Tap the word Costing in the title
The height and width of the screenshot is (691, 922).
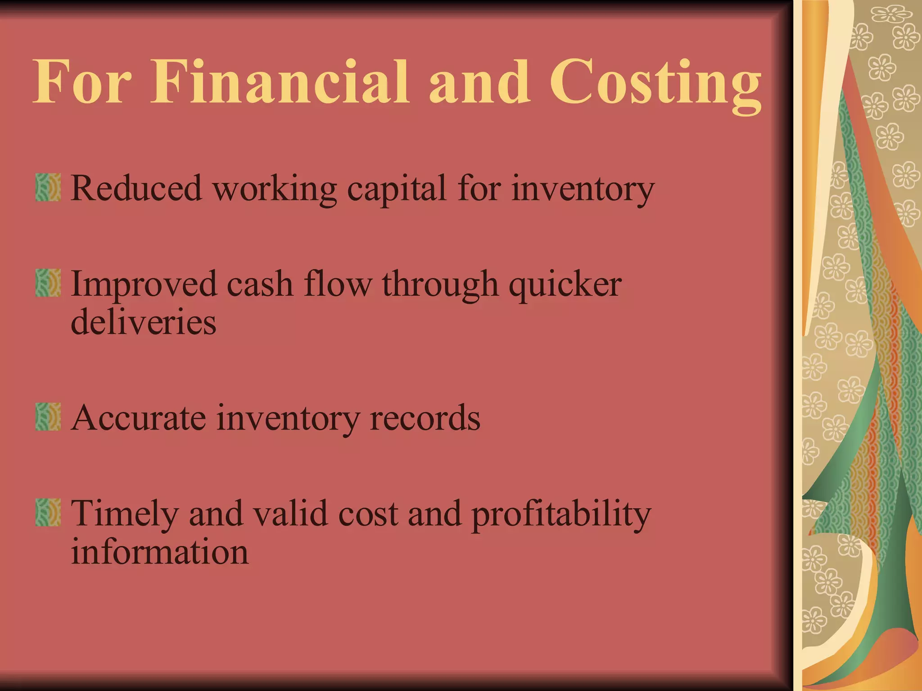pos(655,83)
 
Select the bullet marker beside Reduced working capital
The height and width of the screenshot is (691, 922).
pos(48,187)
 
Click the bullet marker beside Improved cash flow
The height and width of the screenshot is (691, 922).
pos(48,283)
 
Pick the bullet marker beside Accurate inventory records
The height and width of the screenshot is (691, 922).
pos(48,417)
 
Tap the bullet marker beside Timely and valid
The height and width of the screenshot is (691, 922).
pos(48,512)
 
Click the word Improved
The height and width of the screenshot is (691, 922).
pos(144,285)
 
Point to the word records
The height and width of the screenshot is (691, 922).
pos(425,418)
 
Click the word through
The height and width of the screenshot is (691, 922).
pos(440,285)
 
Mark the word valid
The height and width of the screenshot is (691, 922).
pos(290,513)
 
